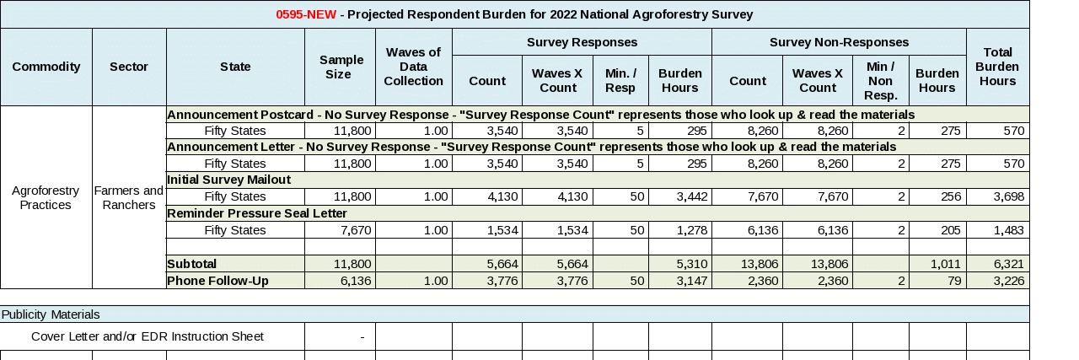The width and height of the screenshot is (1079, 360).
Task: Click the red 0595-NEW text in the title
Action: tap(306, 14)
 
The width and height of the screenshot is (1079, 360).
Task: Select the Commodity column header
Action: tap(46, 67)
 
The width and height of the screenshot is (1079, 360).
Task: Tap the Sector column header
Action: tap(129, 67)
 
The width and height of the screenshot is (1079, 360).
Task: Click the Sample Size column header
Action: tap(341, 67)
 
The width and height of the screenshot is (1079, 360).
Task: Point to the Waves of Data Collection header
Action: tap(413, 67)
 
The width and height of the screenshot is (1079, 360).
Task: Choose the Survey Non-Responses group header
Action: tap(839, 42)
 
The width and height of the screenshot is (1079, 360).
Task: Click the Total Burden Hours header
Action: tap(997, 67)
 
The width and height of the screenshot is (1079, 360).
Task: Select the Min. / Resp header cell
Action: tap(620, 80)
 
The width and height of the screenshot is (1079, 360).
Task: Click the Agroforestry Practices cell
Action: tap(46, 197)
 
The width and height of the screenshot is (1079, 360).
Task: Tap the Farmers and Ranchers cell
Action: tap(129, 197)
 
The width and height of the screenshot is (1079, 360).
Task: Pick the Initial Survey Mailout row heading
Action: tap(229, 180)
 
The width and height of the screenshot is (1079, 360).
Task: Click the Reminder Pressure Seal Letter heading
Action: tap(257, 213)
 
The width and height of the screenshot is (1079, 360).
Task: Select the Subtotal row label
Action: tap(192, 264)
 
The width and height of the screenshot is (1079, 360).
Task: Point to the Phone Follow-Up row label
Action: tap(217, 281)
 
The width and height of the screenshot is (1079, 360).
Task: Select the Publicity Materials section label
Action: tap(51, 314)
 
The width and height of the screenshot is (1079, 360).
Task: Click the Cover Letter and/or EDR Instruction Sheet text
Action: tap(148, 336)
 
